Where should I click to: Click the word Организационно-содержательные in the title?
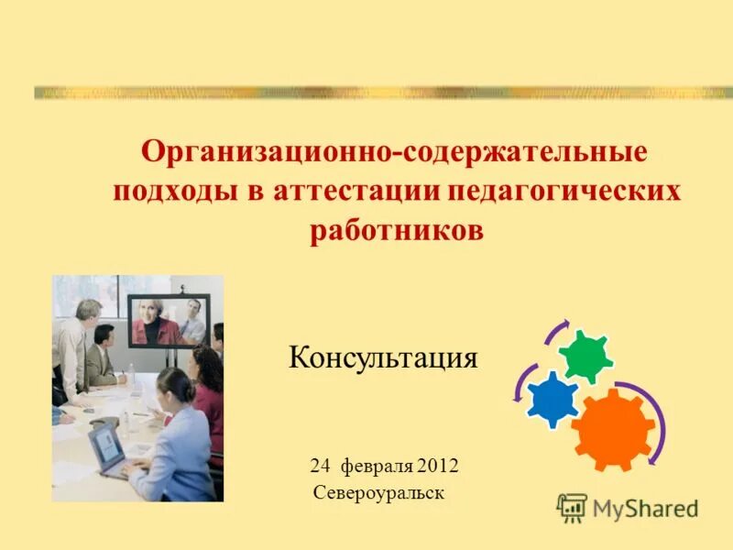click(393, 151)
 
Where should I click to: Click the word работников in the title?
click(397, 231)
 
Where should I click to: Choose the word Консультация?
click(383, 357)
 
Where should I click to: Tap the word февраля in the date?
click(377, 467)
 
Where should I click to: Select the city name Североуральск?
click(378, 493)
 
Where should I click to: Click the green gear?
click(585, 357)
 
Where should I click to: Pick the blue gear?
click(553, 399)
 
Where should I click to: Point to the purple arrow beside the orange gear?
click(656, 422)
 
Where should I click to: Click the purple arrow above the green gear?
click(559, 332)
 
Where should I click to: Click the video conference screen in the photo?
click(169, 321)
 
